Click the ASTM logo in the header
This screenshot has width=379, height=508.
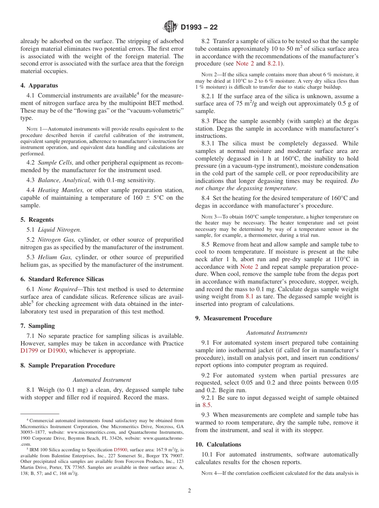coord(170,27)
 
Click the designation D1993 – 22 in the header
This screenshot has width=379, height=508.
coord(199,28)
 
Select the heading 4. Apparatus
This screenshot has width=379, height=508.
coord(39,85)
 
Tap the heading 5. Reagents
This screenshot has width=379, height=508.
coord(37,220)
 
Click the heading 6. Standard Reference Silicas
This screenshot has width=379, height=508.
coord(62,279)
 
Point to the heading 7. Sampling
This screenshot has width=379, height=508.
coord(38,326)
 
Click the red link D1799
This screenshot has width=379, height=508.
coord(29,351)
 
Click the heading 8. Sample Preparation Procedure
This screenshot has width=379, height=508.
coord(68,365)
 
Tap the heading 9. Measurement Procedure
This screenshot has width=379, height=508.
coord(234,318)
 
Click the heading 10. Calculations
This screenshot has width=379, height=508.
coord(218,444)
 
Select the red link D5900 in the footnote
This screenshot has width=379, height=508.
coord(120,449)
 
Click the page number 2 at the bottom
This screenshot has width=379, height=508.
coord(189,491)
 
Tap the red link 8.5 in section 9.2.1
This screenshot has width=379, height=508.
coord(206,405)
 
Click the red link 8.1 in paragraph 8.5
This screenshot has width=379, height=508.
coord(249,296)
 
